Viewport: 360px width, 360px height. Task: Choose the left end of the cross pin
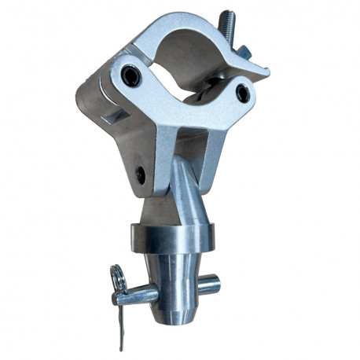click(x=125, y=296)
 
